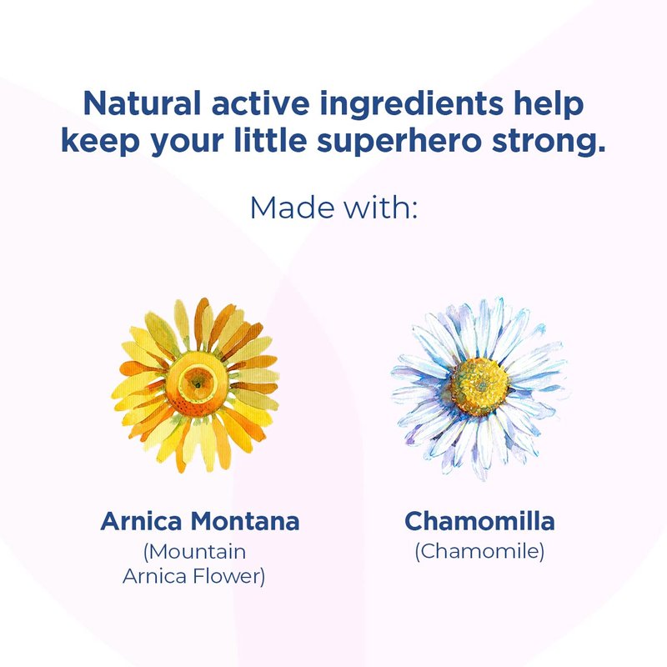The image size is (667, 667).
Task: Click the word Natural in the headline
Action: point(142,103)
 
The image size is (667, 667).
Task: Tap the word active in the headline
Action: point(261,103)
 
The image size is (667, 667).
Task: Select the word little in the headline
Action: point(270,140)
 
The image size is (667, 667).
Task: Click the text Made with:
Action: point(334,208)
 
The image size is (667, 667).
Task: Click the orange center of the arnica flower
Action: point(197,384)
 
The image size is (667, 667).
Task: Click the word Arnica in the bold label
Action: point(141,521)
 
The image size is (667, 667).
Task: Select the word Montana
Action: point(245,521)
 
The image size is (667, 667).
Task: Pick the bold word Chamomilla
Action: point(479,521)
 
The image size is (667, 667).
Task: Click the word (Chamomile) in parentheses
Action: point(479,551)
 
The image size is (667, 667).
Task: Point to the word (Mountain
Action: point(195,552)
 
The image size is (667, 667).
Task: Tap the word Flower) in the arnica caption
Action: point(228,577)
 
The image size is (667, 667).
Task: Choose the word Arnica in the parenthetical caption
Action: point(155,576)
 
